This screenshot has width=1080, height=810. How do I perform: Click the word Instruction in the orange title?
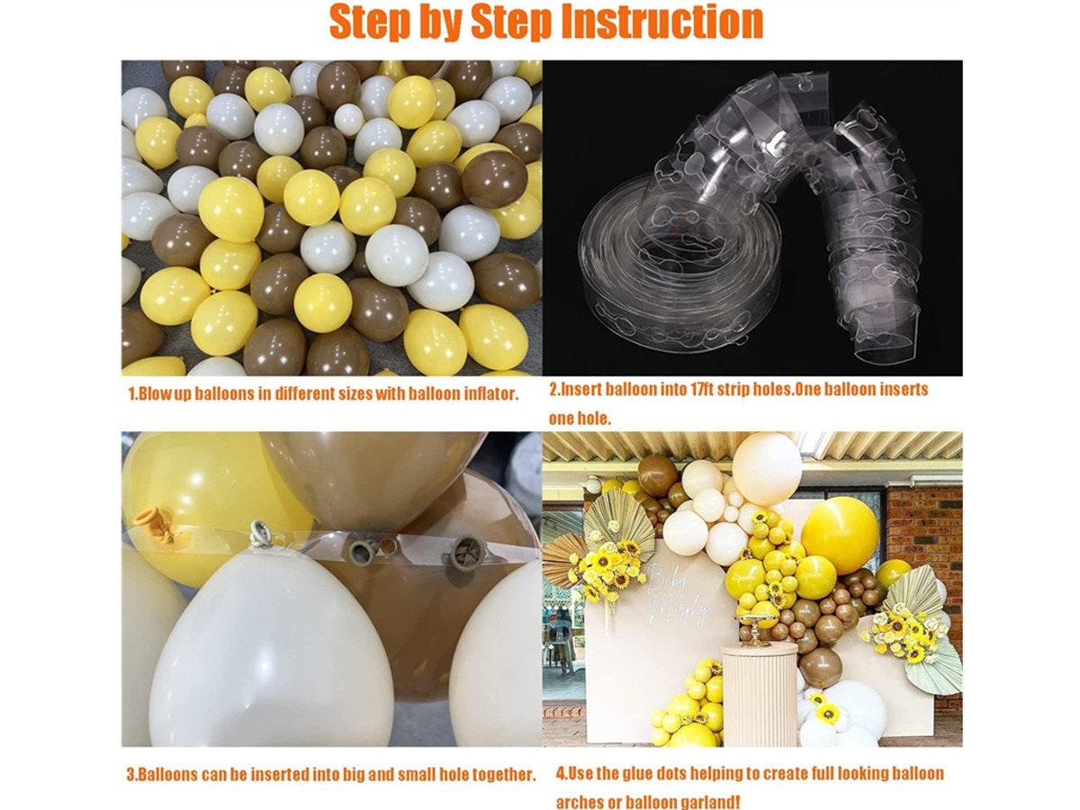pos(661,22)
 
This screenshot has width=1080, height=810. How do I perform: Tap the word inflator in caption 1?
pos(488,394)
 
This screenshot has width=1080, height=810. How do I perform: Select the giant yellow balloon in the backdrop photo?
pos(839,535)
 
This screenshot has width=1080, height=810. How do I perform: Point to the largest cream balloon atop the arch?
pos(767,468)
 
